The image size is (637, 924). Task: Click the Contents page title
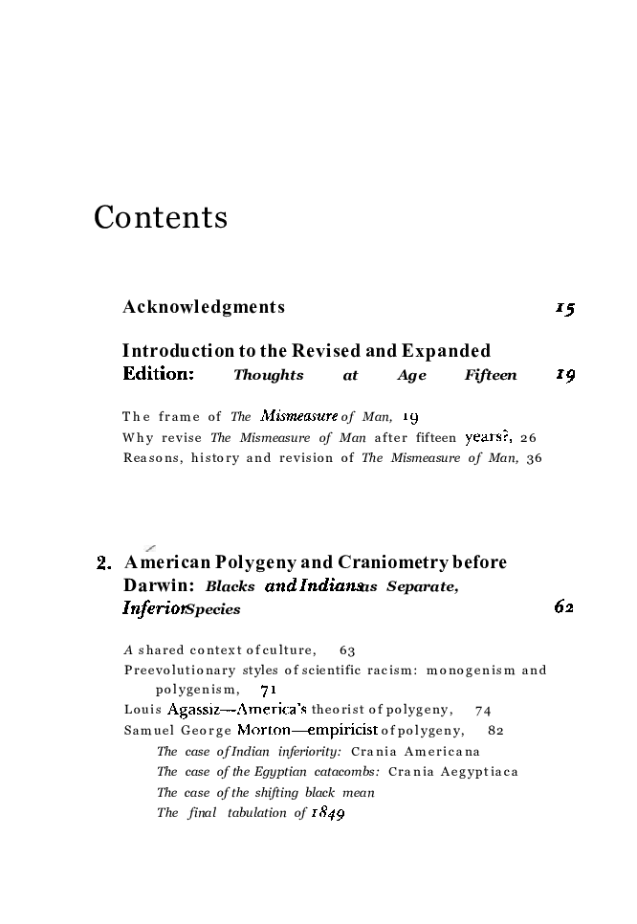click(x=161, y=218)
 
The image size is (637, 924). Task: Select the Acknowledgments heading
click(x=204, y=307)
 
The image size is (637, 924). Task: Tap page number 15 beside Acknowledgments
click(x=564, y=308)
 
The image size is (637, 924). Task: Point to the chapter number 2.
click(x=104, y=562)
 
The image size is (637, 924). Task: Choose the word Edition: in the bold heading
click(x=159, y=375)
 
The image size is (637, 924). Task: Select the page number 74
click(x=482, y=711)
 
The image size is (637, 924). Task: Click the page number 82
click(x=495, y=731)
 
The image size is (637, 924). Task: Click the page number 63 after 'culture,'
click(x=347, y=649)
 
